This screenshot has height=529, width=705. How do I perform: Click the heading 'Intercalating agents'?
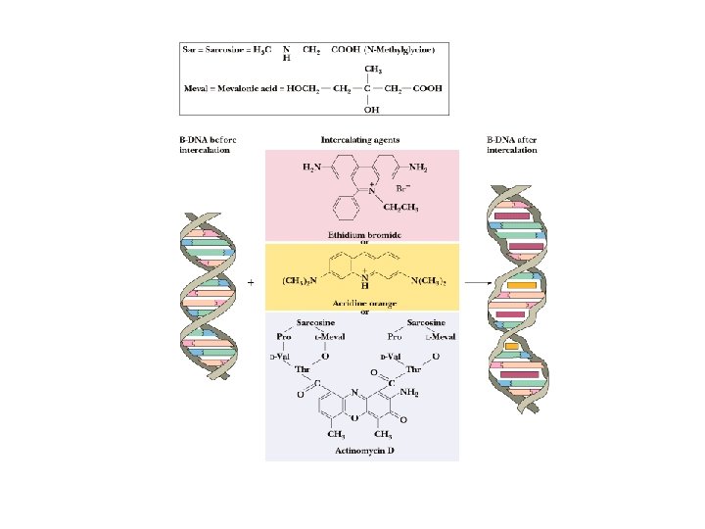point(360,140)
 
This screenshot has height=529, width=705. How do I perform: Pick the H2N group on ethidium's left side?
point(311,168)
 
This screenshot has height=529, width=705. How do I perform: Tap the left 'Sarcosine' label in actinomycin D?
point(315,321)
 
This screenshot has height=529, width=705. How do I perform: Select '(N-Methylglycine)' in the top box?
point(400,48)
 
